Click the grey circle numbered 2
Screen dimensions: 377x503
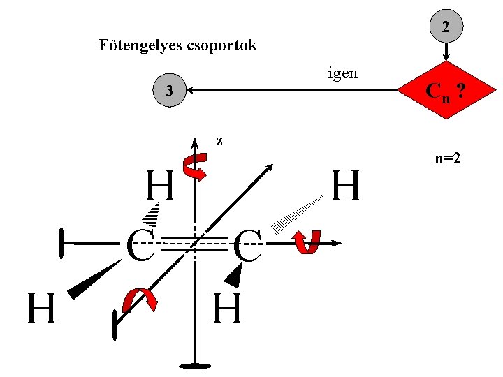446,27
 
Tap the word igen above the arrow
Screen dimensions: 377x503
342,72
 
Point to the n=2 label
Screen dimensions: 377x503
447,158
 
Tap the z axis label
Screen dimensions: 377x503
219,140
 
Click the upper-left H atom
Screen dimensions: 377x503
159,186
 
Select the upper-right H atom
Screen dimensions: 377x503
347,186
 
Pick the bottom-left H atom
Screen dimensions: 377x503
41,309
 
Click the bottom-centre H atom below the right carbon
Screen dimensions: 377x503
228,309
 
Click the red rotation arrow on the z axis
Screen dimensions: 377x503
194,167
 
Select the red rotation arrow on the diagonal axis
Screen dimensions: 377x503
140,300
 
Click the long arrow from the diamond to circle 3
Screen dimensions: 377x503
293,90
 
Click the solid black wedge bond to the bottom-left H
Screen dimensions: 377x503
94,279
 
